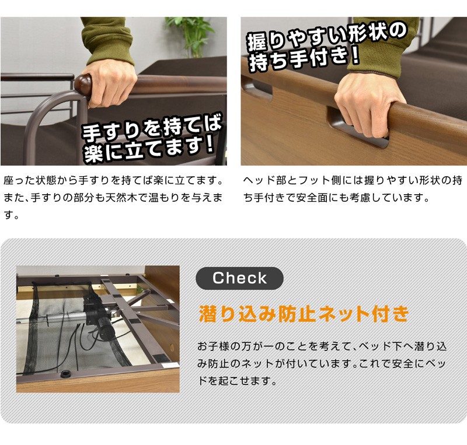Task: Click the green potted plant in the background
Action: click(x=191, y=36)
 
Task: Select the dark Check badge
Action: click(x=239, y=278)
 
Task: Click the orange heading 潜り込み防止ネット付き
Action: click(x=304, y=314)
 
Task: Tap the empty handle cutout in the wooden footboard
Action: click(x=257, y=88)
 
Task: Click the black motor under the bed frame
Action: click(x=98, y=317)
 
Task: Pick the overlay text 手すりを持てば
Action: click(x=152, y=128)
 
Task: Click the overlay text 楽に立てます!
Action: click(x=149, y=150)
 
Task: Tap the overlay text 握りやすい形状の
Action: click(x=327, y=37)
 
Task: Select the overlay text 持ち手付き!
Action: click(x=304, y=59)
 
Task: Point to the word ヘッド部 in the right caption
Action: click(x=265, y=180)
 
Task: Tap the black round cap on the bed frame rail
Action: click(x=65, y=374)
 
